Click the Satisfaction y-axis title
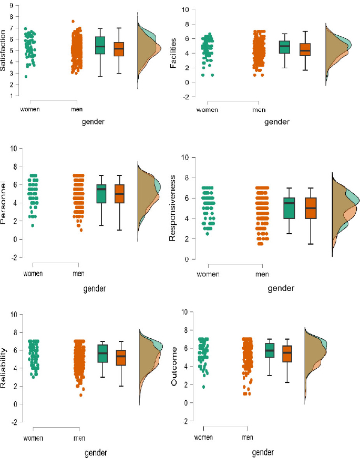pos(3,50)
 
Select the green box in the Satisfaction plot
pos(100,45)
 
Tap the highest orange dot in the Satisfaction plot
pos(73,22)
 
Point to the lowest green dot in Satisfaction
pos(26,77)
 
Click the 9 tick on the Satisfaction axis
pos(12,5)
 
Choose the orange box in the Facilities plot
pos(305,50)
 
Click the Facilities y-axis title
pos(173,53)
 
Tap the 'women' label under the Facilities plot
pos(208,110)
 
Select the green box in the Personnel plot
pos(101,194)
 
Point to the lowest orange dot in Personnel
pos(81,230)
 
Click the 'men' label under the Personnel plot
pos(78,274)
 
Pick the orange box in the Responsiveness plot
pos(311,208)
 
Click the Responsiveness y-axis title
pos(172,209)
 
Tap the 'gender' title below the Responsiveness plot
pos(281,288)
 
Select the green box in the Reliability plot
pos(102,353)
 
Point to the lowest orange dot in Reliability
pos(81,395)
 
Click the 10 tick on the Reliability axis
pos(14,315)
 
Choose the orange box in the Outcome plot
pos(287,353)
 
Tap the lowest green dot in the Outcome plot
pos(204,387)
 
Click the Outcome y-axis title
pos(174,366)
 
